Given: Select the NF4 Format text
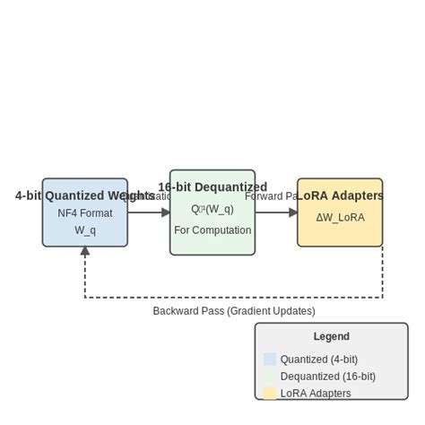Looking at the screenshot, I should [84, 213].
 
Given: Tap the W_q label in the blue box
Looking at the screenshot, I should [84, 230].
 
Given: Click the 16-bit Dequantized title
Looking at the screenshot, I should [212, 187].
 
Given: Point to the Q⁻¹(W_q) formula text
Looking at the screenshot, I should [212, 209].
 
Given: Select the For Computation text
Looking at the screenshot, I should [212, 230].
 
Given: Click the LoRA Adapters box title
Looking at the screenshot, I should [340, 195].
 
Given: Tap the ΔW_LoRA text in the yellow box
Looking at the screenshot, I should [340, 217].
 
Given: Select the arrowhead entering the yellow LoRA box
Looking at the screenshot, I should [293, 212].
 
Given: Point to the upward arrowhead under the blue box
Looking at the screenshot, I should [85, 252].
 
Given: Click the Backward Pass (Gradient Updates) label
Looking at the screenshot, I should [234, 311].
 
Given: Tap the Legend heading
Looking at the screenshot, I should [332, 337].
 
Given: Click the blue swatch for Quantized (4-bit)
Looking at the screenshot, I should [270, 359].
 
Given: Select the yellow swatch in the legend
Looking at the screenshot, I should [270, 393].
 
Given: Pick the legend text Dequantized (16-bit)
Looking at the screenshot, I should [328, 377].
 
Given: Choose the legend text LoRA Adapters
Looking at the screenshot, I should [316, 393].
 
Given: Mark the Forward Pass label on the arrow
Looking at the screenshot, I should [272, 195].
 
